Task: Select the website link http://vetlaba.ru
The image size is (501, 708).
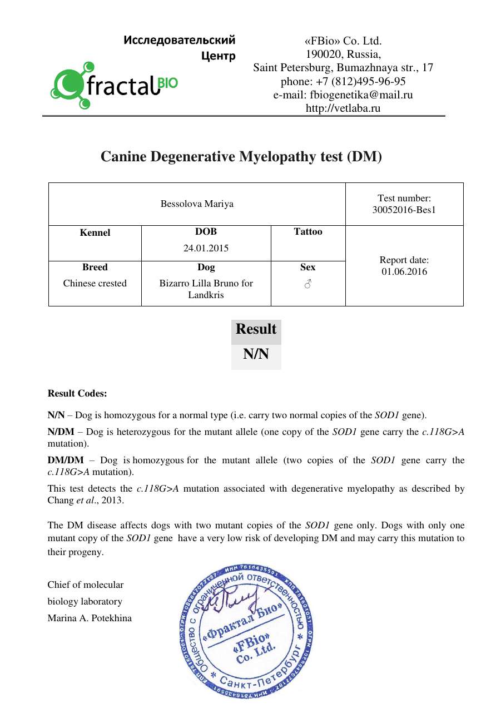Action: [x=343, y=108]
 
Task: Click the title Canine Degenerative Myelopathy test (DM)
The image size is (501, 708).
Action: [x=241, y=157]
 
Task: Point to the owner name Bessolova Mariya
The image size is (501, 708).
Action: [x=197, y=204]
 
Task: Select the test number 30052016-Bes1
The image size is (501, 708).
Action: [x=404, y=210]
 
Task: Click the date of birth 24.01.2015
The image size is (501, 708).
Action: [x=206, y=248]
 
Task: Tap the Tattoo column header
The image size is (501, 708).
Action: [x=307, y=232]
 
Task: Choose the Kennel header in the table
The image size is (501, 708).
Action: [x=95, y=232]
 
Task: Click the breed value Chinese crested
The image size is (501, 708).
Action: [x=95, y=283]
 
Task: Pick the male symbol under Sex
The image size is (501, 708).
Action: [x=307, y=284]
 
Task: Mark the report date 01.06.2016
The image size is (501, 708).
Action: [x=404, y=272]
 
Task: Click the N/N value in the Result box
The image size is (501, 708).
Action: [x=256, y=354]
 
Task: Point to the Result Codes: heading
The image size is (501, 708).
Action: [x=77, y=394]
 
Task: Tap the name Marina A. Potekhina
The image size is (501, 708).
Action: [x=90, y=618]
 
